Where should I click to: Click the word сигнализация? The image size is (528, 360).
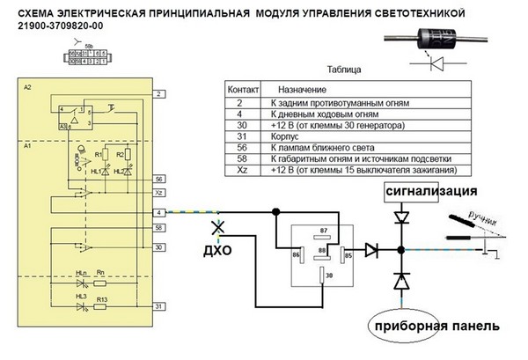coord(429,190)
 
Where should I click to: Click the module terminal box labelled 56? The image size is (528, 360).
coord(158,179)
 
